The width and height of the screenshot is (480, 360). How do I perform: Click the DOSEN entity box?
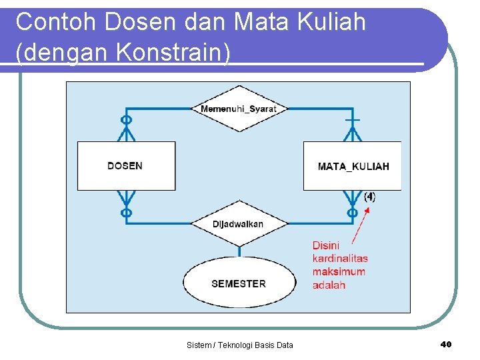tap(126, 166)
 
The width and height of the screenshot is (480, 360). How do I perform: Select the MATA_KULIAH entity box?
tap(353, 166)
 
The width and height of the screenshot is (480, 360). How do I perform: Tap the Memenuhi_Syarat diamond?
tap(239, 109)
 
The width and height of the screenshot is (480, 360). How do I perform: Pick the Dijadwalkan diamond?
tap(239, 224)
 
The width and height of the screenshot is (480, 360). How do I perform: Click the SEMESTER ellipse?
tap(239, 283)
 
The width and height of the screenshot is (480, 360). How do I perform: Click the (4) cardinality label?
tap(369, 197)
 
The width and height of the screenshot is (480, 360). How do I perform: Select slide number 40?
tap(446, 344)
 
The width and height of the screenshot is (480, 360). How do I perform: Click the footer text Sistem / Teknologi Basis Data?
tap(240, 345)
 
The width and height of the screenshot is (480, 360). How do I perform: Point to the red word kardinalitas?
tap(340, 258)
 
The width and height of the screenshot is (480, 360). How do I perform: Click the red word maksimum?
tap(339, 271)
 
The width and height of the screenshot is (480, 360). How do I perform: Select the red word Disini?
tap(326, 245)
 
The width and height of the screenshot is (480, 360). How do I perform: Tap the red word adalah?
tap(329, 285)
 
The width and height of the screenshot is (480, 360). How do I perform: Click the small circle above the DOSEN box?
tap(126, 120)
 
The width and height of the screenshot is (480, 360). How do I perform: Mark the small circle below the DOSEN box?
tap(126, 213)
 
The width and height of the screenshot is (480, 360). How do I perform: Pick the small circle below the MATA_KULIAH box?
tap(352, 213)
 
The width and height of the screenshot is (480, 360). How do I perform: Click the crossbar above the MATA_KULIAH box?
tap(352, 120)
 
